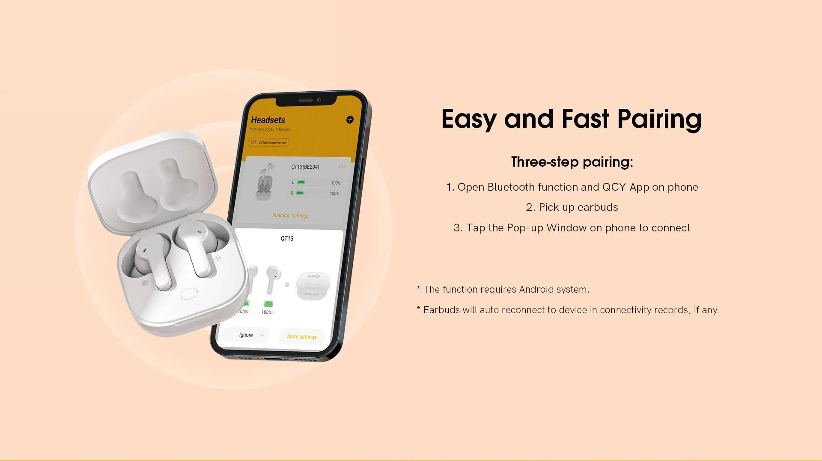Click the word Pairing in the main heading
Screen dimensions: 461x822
tap(659, 119)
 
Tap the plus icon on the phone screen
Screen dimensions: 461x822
tap(350, 120)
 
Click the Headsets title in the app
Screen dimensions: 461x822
tap(268, 120)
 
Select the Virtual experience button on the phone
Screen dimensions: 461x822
tap(269, 142)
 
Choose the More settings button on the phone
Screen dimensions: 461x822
tap(302, 337)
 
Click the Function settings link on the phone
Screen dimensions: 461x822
tap(290, 216)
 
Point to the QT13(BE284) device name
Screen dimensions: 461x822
tap(305, 167)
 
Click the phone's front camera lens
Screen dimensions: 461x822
tap(319, 100)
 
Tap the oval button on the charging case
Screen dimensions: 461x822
tap(189, 293)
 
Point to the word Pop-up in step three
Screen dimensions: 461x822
tap(525, 228)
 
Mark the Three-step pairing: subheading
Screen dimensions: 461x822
tap(572, 162)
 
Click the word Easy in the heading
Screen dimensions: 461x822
tap(469, 119)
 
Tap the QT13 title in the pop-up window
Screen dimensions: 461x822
tap(287, 239)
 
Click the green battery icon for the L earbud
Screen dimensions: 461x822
tap(301, 183)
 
